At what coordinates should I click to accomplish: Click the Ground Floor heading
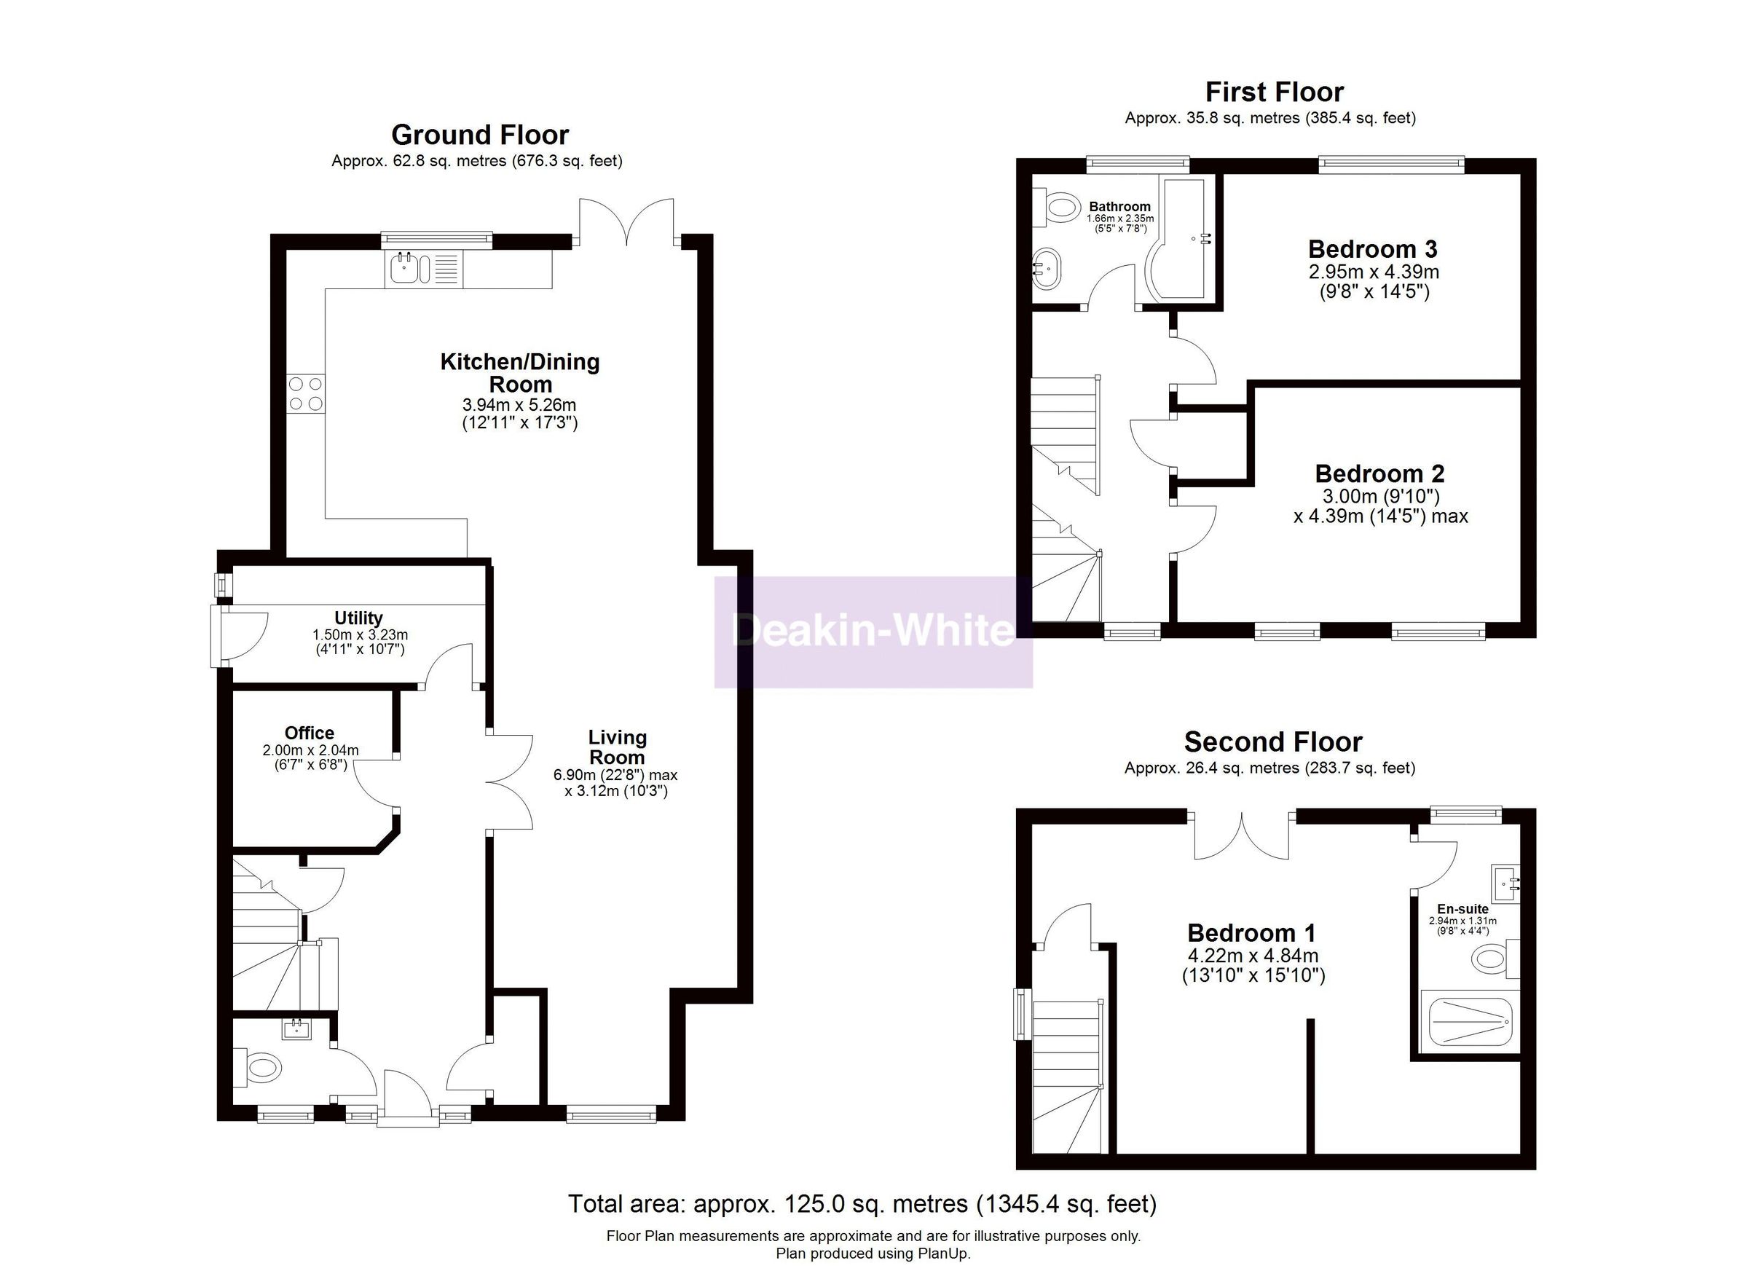click(479, 135)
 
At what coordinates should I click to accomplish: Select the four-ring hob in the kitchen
click(305, 393)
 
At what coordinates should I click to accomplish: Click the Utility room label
click(358, 618)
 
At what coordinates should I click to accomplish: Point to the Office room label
click(309, 733)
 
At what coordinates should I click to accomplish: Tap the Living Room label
click(617, 747)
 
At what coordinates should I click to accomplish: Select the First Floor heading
click(1274, 93)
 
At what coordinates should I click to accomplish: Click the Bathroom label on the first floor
click(1119, 207)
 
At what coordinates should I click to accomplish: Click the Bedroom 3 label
click(1373, 249)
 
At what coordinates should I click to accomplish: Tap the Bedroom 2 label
click(1379, 473)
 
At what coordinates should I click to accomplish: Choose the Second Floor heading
click(1272, 742)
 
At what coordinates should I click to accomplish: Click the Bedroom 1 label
click(1252, 932)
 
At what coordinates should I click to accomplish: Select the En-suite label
click(1462, 909)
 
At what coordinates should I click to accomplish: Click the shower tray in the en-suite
click(1471, 1021)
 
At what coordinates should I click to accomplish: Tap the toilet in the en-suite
click(1492, 959)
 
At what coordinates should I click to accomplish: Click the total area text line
click(862, 1203)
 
